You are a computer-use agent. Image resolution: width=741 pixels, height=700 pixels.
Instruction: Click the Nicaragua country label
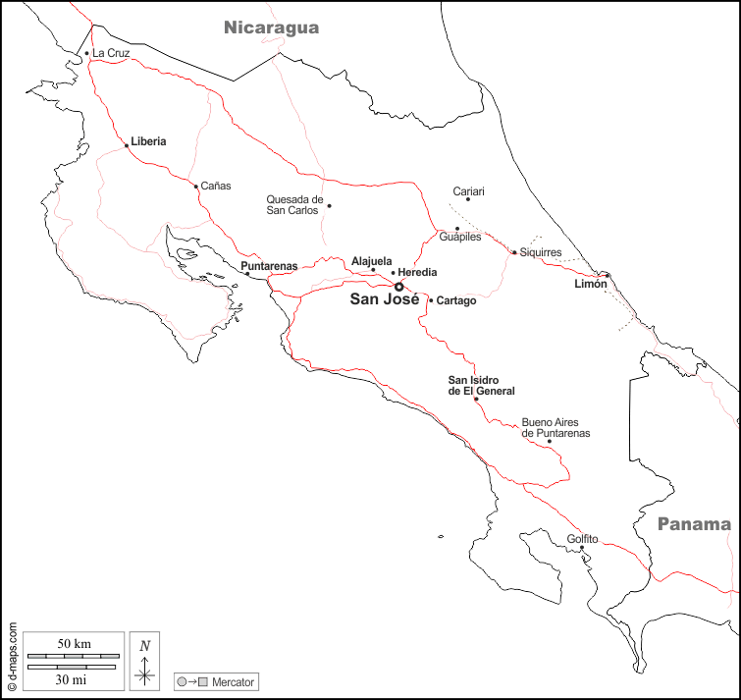tap(271, 27)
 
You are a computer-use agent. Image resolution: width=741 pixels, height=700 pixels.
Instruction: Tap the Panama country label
tap(694, 524)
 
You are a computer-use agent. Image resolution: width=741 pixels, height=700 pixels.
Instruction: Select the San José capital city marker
tap(398, 287)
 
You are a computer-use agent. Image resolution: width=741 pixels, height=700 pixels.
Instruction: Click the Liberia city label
tap(148, 141)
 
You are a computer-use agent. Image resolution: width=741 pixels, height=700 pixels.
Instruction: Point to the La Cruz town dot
tap(87, 53)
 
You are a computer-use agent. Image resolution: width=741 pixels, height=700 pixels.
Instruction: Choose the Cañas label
tap(215, 187)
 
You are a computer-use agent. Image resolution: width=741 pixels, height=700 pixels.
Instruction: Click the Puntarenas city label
tap(269, 266)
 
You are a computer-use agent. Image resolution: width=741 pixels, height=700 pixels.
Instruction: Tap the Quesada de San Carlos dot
tap(329, 205)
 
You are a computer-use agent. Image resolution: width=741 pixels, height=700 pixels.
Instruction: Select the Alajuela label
tap(372, 261)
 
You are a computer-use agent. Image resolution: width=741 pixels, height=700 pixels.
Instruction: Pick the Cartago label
tap(456, 300)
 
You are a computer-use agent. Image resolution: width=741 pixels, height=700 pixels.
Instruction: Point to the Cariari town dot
tap(468, 199)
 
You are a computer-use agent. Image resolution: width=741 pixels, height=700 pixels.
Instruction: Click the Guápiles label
tap(460, 238)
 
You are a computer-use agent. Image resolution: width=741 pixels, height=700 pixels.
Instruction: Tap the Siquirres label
tap(541, 252)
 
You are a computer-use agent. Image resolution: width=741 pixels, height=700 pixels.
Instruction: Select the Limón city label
tap(591, 284)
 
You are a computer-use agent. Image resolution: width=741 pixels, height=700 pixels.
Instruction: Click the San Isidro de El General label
tap(481, 386)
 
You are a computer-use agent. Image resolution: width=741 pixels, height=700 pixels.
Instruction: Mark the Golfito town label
tap(582, 539)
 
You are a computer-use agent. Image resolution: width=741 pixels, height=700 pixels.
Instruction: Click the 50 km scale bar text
tap(74, 644)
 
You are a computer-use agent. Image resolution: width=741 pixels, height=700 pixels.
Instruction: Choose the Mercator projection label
tap(233, 681)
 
